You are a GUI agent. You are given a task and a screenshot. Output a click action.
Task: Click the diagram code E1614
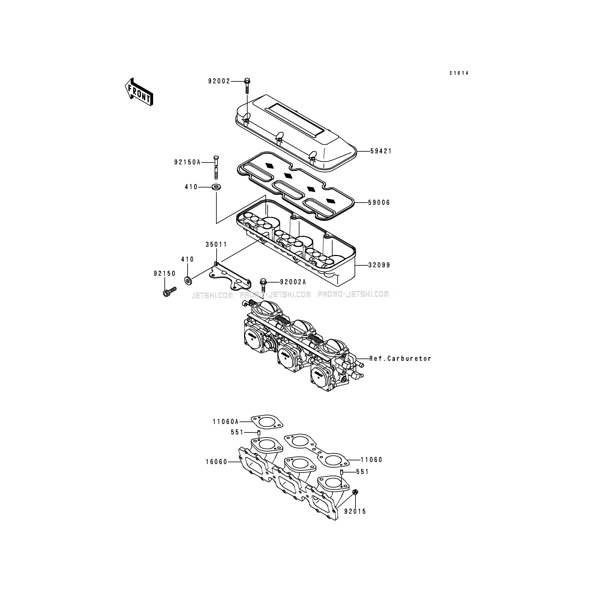tap(459, 73)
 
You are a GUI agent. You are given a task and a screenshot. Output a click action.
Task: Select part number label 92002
tap(219, 81)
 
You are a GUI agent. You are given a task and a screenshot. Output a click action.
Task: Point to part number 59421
tap(381, 151)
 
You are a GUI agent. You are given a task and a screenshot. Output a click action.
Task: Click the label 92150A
tap(187, 162)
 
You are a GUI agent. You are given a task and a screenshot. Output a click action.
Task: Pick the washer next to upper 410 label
tap(216, 187)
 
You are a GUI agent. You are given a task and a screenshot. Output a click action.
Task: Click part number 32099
tap(379, 265)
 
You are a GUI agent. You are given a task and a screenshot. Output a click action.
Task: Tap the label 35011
tap(216, 245)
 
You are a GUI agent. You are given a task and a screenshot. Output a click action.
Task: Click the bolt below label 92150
tap(169, 291)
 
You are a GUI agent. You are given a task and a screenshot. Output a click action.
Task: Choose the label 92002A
tap(293, 282)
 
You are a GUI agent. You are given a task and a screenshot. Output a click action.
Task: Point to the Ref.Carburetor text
tap(400, 358)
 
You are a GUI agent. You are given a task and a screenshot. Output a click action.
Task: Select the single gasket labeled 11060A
tap(267, 422)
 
